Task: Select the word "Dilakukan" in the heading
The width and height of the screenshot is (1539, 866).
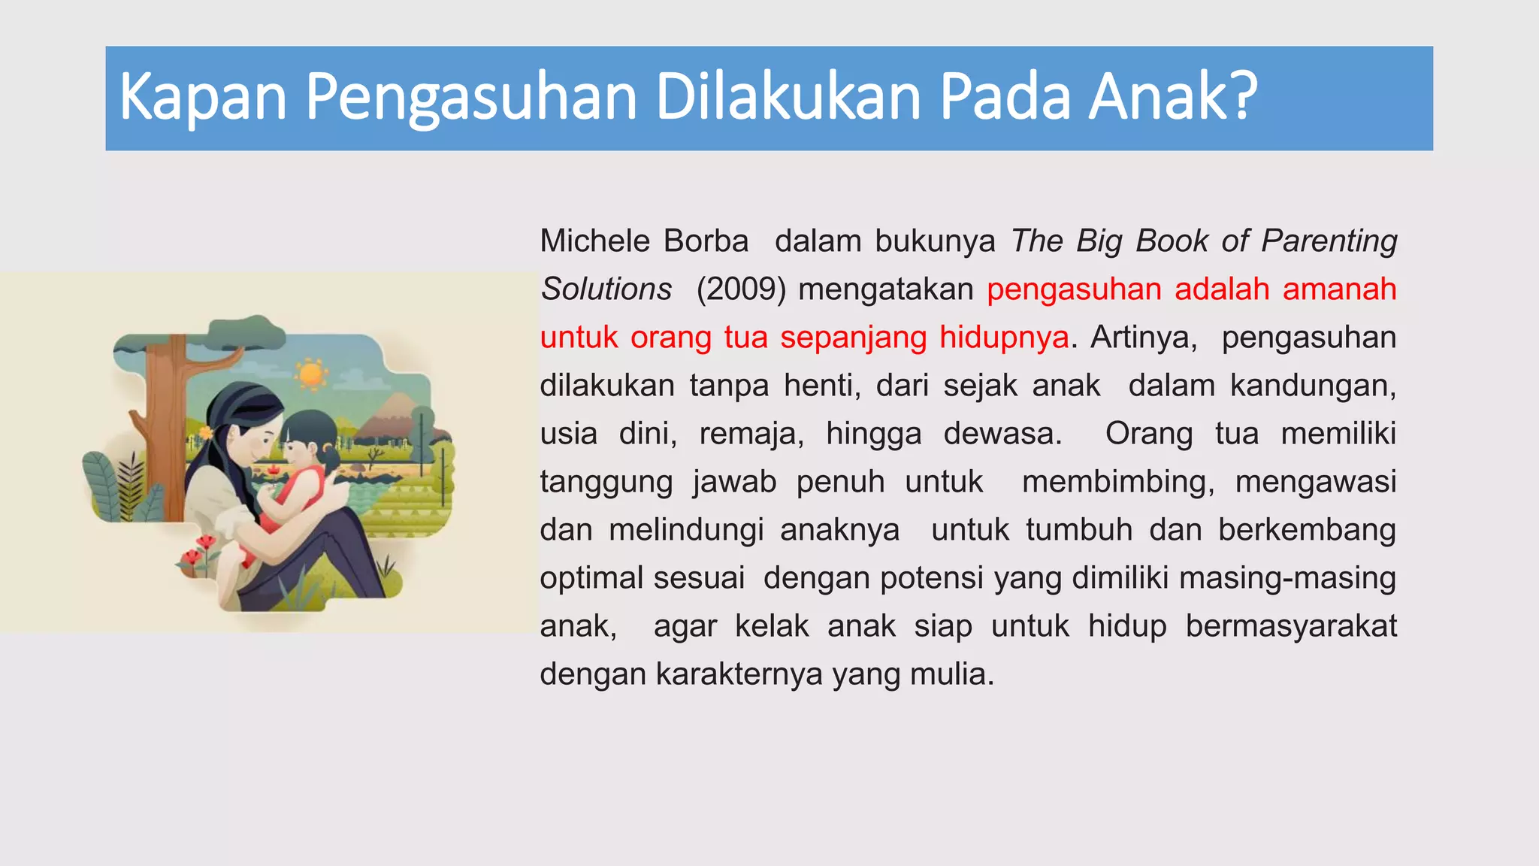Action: (788, 97)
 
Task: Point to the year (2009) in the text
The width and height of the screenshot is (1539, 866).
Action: (741, 289)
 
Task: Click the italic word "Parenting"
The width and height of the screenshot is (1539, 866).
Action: (1329, 241)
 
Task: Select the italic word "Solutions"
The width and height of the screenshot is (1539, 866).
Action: (606, 289)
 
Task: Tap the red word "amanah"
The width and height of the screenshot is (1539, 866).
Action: (1339, 289)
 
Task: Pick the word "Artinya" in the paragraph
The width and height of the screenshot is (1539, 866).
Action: (1142, 338)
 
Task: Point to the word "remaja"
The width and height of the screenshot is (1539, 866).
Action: (751, 434)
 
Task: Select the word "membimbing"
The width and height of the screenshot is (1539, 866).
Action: (1117, 482)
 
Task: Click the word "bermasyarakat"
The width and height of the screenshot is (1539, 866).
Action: (1291, 626)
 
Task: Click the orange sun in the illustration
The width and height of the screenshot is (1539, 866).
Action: (310, 374)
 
